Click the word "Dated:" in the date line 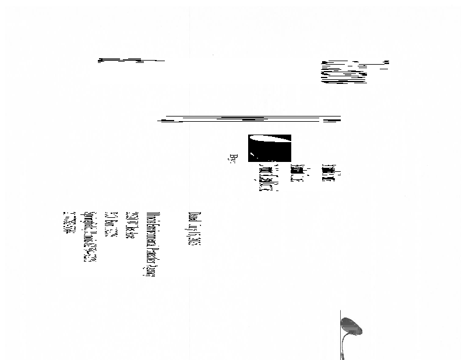click(194, 217)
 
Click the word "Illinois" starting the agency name click(150, 217)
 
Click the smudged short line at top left click(131, 60)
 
